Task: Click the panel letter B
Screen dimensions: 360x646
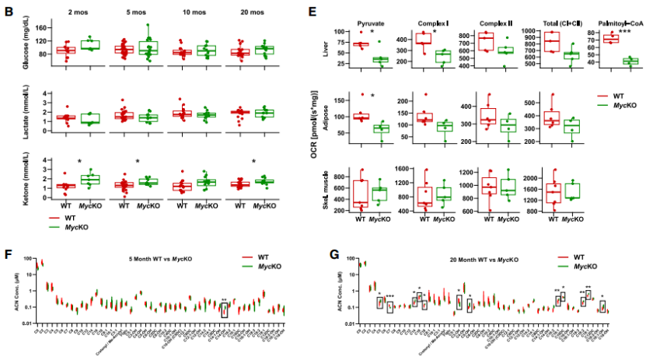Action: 9,11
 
